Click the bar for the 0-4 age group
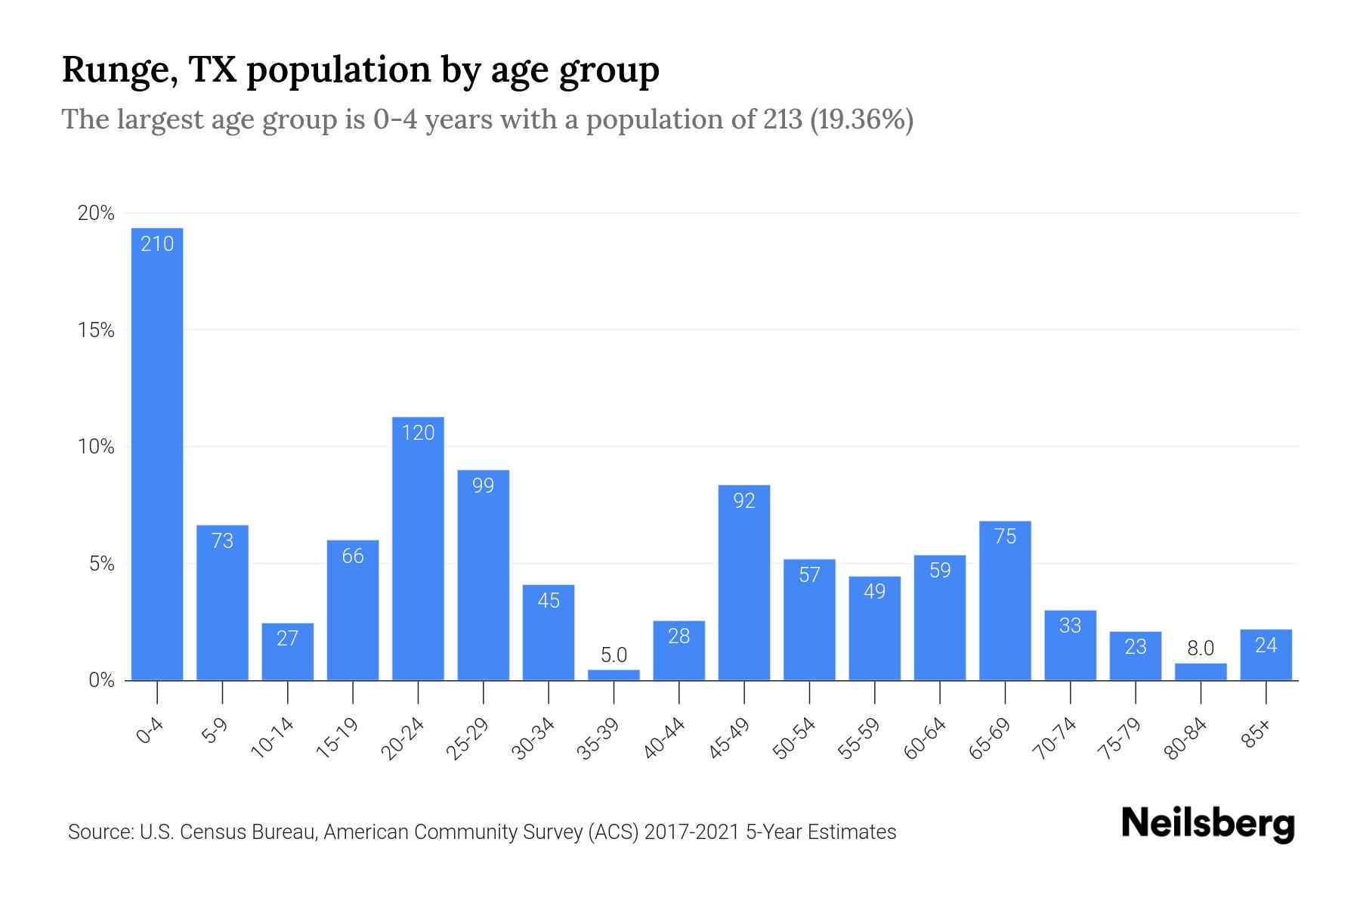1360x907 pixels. coord(157,453)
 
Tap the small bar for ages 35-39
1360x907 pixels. coord(614,675)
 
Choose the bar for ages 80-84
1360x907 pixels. coord(1201,672)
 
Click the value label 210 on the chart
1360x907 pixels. coord(157,244)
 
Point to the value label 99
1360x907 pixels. coord(484,486)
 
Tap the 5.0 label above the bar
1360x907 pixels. coord(614,655)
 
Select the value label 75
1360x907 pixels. coord(1005,537)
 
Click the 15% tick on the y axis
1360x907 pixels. coord(96,330)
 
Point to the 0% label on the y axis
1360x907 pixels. coord(101,680)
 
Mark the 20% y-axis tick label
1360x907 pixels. coord(96,214)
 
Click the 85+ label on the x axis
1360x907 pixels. coord(1256,734)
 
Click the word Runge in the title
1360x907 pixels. coord(112,71)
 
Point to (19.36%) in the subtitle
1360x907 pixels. coord(861,119)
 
